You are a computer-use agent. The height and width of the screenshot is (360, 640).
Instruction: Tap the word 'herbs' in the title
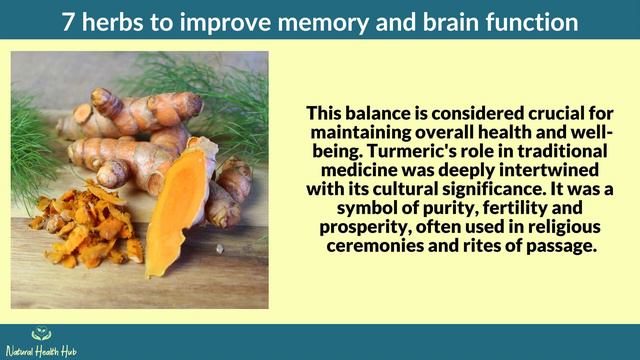point(118,20)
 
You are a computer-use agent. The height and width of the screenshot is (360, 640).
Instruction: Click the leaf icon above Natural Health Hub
point(41,334)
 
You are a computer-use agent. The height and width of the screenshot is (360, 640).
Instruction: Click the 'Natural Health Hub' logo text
point(41,351)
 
